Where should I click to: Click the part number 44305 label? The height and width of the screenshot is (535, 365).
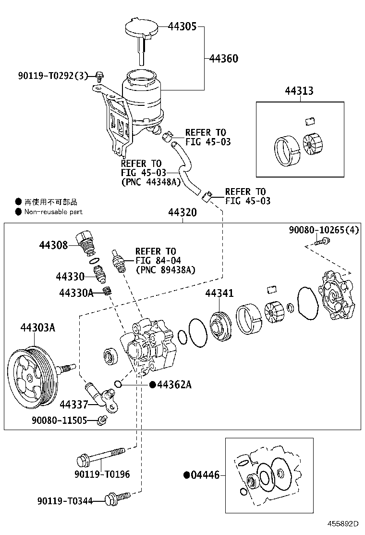coord(182,27)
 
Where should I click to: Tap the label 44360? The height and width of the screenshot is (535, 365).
coord(224,59)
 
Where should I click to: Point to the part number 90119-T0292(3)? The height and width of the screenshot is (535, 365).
coord(53,75)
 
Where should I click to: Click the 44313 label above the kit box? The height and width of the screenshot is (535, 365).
coord(299,91)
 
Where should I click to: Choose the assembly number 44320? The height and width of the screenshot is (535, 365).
coord(182,212)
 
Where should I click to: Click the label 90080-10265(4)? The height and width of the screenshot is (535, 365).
coord(324,230)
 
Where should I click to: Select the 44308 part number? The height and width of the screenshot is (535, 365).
coord(53,245)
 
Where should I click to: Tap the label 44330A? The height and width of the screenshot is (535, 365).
coord(76,293)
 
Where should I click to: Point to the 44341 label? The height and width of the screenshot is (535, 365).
coord(219,293)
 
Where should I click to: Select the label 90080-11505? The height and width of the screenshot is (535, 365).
coord(60,420)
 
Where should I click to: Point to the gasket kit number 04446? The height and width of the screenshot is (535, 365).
coord(205,475)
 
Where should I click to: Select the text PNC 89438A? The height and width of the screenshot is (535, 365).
coord(165,269)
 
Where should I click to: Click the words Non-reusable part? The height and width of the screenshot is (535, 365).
coord(53,212)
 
